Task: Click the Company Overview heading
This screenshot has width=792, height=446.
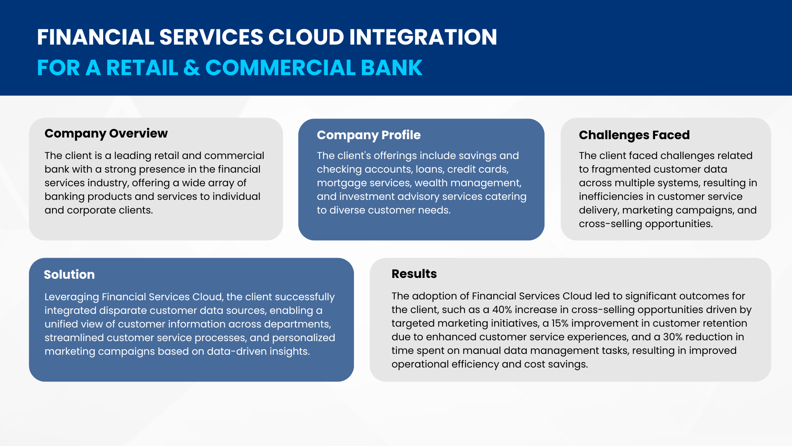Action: (x=106, y=134)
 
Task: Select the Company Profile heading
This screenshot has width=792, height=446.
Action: (x=369, y=135)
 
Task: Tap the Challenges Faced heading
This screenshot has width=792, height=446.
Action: (x=634, y=135)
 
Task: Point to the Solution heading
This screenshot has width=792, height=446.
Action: (x=69, y=275)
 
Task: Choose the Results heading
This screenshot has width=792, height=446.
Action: (x=414, y=274)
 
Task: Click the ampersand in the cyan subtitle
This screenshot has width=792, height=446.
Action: (x=192, y=68)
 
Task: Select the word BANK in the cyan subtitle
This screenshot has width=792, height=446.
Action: (x=392, y=68)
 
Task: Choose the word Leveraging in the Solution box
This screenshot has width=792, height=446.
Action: (x=72, y=297)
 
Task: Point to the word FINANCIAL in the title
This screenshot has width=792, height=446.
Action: (x=96, y=37)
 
